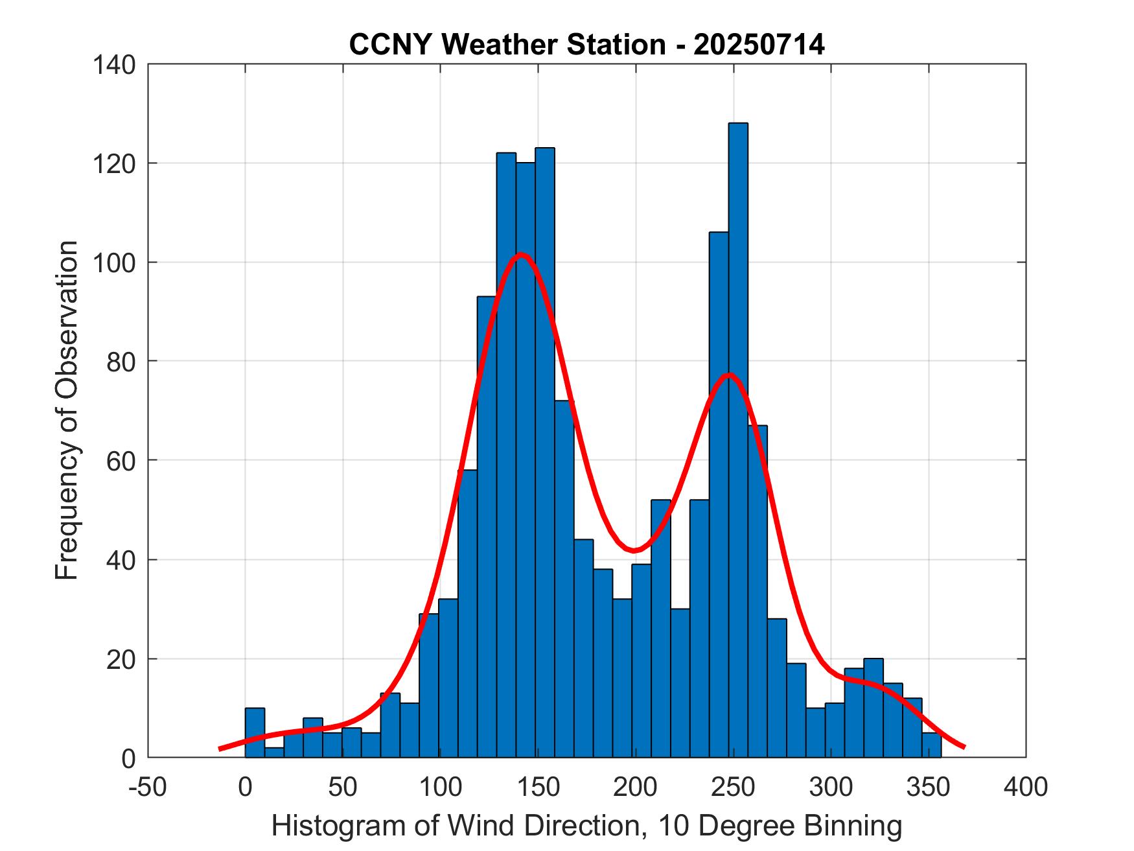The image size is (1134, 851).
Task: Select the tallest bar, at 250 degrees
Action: point(737,441)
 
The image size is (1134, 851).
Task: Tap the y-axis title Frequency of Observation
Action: point(67,411)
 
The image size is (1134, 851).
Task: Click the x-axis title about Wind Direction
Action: point(586,825)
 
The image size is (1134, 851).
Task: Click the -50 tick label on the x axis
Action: point(148,787)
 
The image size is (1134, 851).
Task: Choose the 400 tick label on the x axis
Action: point(1025,787)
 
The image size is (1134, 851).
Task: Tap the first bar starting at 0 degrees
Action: point(255,732)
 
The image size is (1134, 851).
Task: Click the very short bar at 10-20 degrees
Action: point(274,752)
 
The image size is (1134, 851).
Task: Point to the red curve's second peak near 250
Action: point(729,375)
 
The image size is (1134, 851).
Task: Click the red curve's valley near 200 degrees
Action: point(635,550)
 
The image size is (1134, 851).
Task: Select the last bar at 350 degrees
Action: point(931,745)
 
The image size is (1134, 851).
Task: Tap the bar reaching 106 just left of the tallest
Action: point(718,493)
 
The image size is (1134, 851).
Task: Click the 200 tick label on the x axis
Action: point(635,787)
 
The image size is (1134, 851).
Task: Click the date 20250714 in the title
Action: point(759,45)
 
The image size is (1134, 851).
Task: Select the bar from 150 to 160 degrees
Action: point(544,454)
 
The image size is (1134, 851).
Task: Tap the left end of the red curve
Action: point(220,749)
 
